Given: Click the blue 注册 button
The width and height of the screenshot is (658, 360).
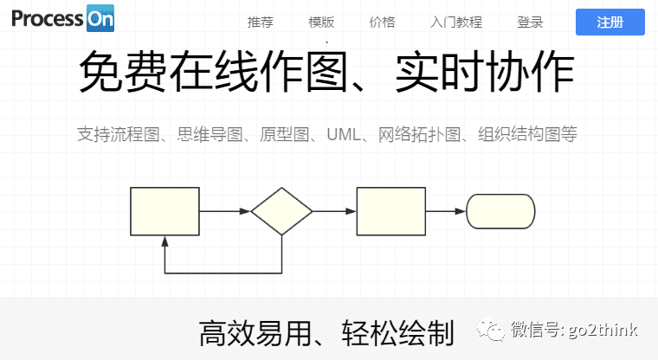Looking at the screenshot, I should coord(610,22).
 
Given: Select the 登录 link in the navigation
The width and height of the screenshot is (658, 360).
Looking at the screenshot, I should coord(530,22).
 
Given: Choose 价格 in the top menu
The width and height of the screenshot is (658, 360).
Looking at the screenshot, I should coord(382,22).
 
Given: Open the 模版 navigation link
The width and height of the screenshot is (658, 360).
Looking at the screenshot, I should coord(321,22).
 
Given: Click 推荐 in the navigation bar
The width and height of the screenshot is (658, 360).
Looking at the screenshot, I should coord(260,22).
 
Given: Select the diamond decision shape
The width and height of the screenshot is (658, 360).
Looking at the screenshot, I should coord(281,211).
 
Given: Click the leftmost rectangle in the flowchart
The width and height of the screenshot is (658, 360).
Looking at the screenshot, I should coord(164,211).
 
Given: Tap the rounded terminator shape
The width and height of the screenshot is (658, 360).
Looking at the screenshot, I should coord(500,211).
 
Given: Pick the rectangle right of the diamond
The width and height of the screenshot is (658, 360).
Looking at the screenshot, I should coord(391,211).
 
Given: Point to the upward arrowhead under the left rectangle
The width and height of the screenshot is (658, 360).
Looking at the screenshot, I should coord(164,241).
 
